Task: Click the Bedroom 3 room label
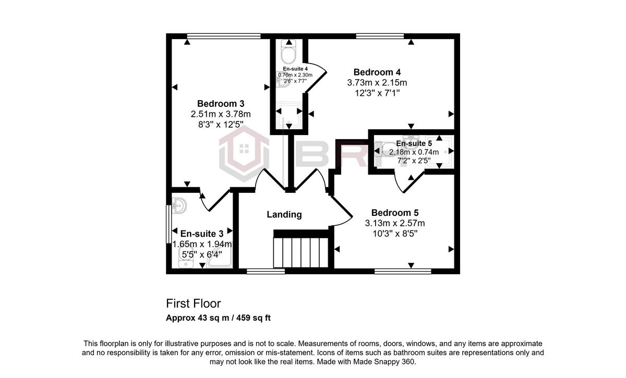point(221,103)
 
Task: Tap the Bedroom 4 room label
point(377,72)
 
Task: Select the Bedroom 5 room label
point(394,213)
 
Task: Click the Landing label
point(284,214)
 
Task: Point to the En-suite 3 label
point(201,233)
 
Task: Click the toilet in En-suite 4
point(288,53)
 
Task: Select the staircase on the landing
point(302,252)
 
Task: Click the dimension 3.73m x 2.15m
point(377,83)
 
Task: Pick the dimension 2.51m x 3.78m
point(221,114)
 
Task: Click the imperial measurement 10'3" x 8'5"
point(394,234)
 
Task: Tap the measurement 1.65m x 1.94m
point(202,244)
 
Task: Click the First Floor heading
point(194,303)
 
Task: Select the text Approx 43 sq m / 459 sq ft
point(218,318)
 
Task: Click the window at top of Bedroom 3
point(223,36)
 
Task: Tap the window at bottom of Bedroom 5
point(403,271)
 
